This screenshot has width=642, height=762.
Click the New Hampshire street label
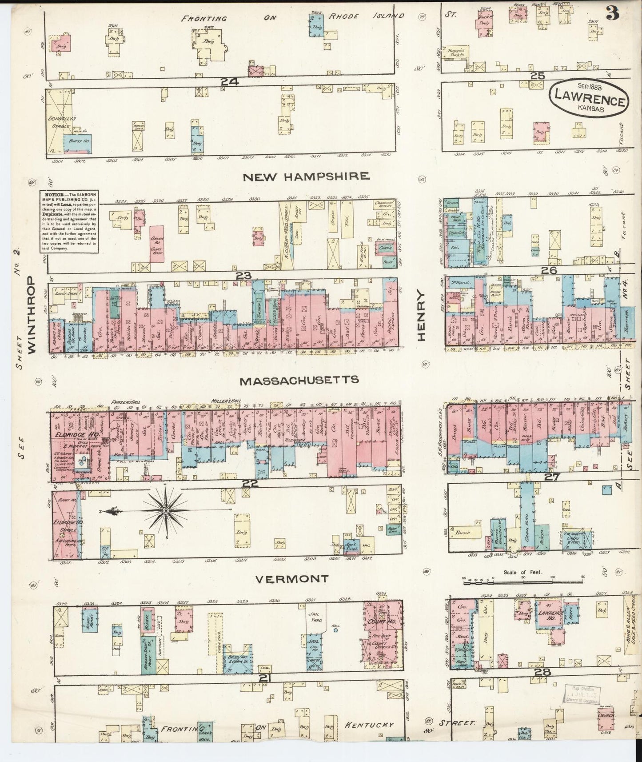coord(306,176)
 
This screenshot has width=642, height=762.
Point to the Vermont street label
coord(292,579)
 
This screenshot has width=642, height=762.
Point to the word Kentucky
coord(369,725)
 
